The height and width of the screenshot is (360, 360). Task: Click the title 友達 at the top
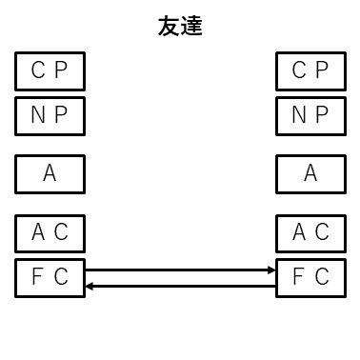click(180, 27)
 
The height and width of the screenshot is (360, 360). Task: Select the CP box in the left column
click(50, 70)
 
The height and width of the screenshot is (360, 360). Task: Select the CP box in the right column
click(310, 70)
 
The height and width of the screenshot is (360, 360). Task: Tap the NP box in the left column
click(50, 116)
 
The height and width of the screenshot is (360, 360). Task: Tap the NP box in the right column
click(310, 116)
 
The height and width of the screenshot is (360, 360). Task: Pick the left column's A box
click(50, 174)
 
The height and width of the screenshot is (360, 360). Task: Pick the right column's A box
click(310, 174)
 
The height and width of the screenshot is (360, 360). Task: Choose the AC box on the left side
click(50, 232)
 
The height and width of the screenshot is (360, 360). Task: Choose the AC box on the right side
click(310, 232)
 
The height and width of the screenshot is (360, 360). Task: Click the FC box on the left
click(50, 277)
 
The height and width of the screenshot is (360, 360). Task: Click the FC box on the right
click(310, 277)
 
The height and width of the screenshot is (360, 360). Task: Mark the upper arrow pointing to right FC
click(180, 270)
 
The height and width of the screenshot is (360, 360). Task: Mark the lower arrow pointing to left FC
click(180, 285)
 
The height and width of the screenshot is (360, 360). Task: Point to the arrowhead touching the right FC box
click(272, 270)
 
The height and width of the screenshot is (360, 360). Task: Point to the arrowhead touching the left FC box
click(89, 285)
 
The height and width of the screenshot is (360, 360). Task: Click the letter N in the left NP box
click(38, 116)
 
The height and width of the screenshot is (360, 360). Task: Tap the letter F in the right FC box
click(299, 277)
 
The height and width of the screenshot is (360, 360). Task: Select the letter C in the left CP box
click(38, 70)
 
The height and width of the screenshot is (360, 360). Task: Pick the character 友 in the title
click(169, 27)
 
